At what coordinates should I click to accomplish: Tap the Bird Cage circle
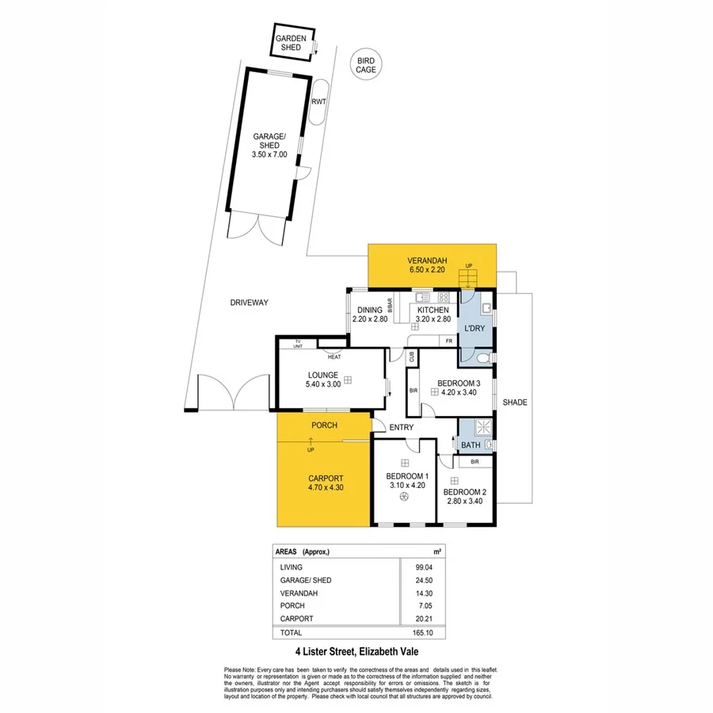pyautogui.click(x=366, y=65)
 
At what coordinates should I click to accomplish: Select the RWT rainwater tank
pyautogui.click(x=319, y=101)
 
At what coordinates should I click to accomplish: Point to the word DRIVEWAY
pyautogui.click(x=250, y=303)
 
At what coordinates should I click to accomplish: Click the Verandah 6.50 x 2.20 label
pyautogui.click(x=428, y=265)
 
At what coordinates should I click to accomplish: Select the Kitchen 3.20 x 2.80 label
pyautogui.click(x=433, y=315)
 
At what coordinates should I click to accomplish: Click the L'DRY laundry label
pyautogui.click(x=475, y=327)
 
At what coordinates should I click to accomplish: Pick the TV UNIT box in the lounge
pyautogui.click(x=298, y=343)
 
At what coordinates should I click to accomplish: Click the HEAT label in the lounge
pyautogui.click(x=334, y=356)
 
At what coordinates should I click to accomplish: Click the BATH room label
pyautogui.click(x=471, y=445)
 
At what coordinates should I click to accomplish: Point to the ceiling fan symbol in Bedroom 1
pyautogui.click(x=405, y=497)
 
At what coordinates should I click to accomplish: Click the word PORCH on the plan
pyautogui.click(x=323, y=425)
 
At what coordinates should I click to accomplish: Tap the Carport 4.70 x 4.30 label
pyautogui.click(x=325, y=482)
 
